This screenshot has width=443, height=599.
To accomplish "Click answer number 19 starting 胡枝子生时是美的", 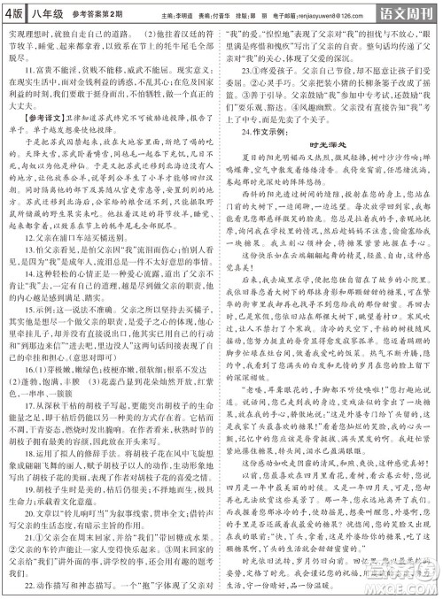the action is tap(21, 511).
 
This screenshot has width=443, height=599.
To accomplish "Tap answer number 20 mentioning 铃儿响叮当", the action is tap(21, 536).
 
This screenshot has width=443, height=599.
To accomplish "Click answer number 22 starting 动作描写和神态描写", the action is tap(21, 586).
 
